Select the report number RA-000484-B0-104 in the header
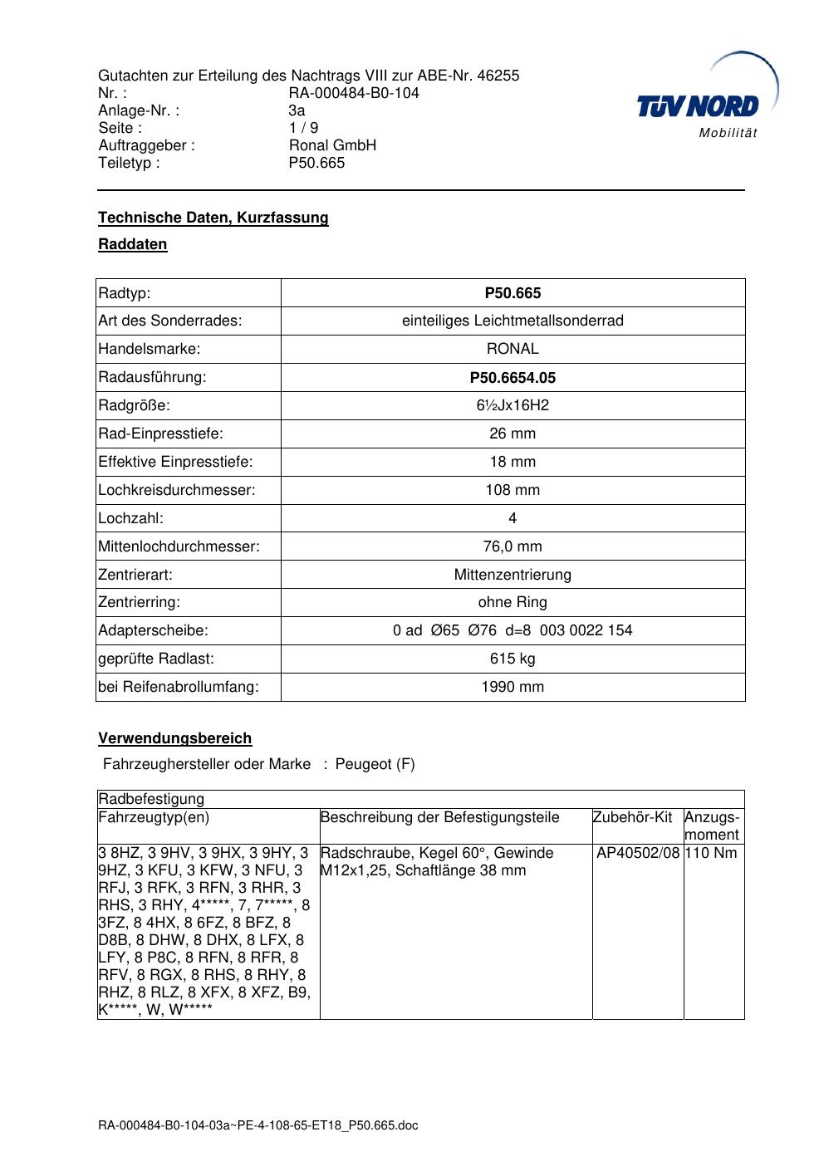click(x=354, y=93)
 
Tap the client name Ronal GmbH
click(x=332, y=145)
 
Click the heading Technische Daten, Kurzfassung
click(x=213, y=218)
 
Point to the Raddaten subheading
click(x=133, y=244)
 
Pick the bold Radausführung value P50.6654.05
click(x=513, y=378)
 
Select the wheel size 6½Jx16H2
click(x=513, y=405)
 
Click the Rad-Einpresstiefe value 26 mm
click(x=513, y=434)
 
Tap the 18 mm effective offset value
click(x=513, y=462)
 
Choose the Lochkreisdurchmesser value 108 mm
click(x=513, y=490)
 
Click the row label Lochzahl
click(x=131, y=518)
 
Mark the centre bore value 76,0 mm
click(x=513, y=546)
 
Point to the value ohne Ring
click(x=513, y=602)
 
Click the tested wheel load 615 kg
click(x=513, y=659)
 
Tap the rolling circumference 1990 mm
click(x=513, y=687)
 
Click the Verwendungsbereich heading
click(x=175, y=738)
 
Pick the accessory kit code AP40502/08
click(x=638, y=853)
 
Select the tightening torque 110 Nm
click(x=711, y=853)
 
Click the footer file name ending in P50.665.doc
click(x=258, y=1125)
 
